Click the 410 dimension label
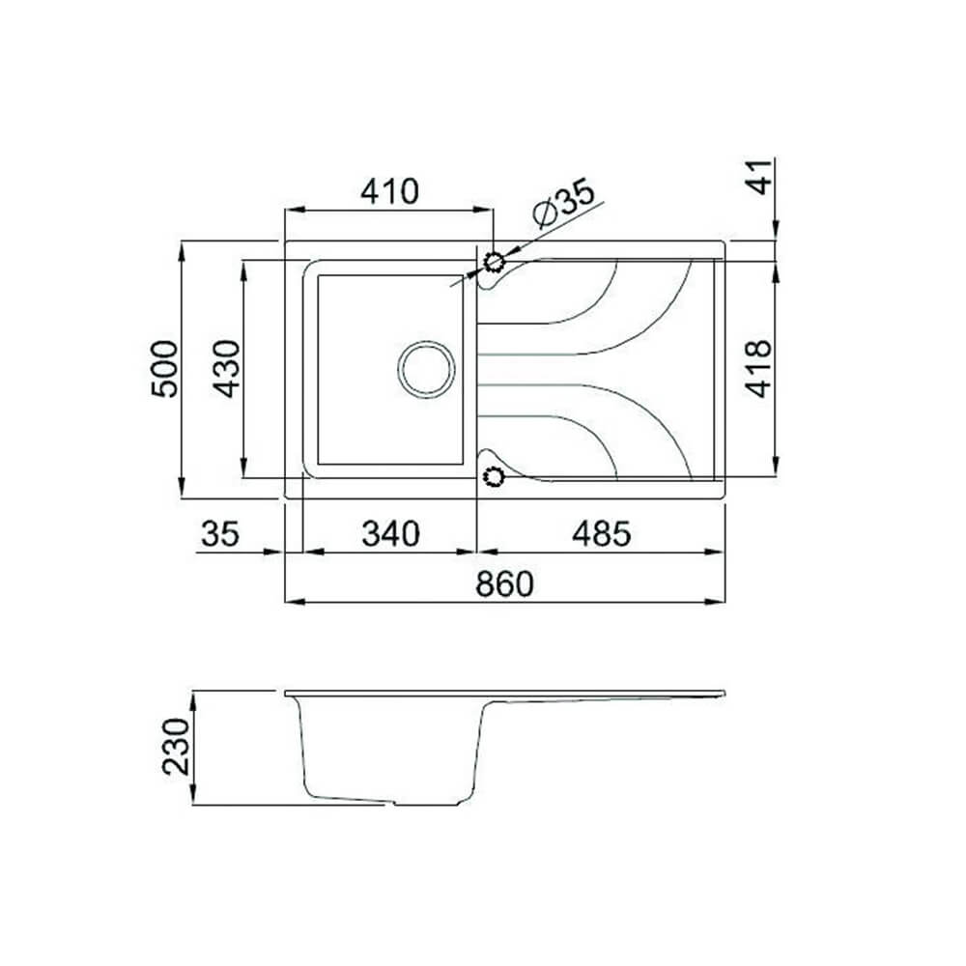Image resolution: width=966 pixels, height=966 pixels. pos(389,191)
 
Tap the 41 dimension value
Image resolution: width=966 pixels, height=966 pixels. pos(764,178)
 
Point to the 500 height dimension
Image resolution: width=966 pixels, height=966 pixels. pos(164,368)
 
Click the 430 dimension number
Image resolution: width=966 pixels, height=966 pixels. pos(226,368)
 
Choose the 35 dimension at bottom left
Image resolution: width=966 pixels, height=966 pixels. pos(220,533)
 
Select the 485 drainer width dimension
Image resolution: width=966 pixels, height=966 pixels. pos(600,533)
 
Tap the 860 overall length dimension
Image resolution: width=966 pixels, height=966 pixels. pos(503,583)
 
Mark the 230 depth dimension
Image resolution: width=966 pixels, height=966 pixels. pos(176,747)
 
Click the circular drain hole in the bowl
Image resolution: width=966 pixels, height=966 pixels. pos(426,369)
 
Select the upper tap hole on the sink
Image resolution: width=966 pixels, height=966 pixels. pos(495,262)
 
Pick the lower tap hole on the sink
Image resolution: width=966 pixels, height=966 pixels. pos(495,475)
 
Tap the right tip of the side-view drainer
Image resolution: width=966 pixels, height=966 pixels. pos(722,694)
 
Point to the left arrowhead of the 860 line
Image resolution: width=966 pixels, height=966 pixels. pos(290,602)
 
